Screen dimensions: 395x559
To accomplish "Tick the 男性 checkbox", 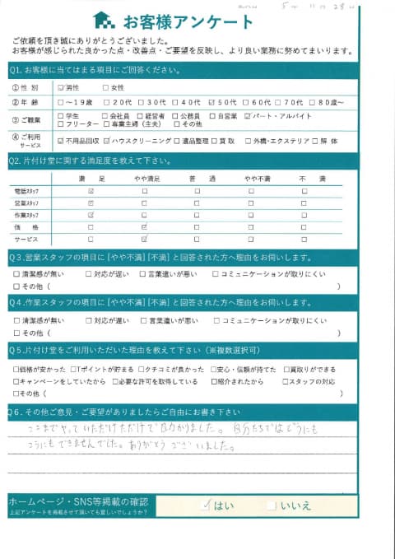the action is click(x=60, y=87).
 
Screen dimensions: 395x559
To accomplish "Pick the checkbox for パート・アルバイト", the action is click(x=249, y=115).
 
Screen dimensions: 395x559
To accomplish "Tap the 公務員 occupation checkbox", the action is click(x=174, y=115).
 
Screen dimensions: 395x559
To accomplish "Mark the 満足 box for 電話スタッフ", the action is click(x=91, y=191).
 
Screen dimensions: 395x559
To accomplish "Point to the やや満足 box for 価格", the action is click(x=145, y=226).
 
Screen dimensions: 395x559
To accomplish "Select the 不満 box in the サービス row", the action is click(x=304, y=238).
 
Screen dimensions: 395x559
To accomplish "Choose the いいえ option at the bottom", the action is click(x=272, y=505).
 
